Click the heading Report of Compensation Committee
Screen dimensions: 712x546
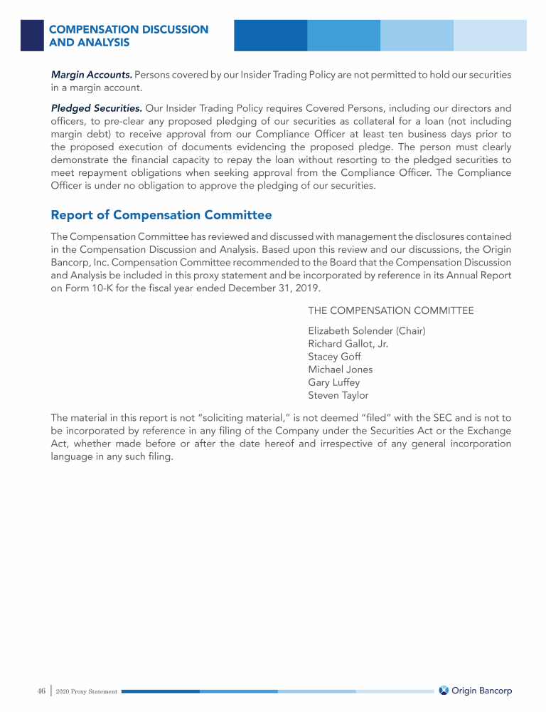[161, 215]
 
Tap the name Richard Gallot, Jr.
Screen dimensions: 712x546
[348, 343]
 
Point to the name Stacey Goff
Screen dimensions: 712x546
[334, 356]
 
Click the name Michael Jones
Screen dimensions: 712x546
[340, 369]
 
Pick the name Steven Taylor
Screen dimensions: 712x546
[338, 395]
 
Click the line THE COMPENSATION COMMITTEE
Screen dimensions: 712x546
[390, 310]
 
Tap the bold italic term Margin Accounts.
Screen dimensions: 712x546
[91, 75]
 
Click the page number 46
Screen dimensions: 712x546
[41, 691]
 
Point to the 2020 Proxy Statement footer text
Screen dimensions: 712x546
[86, 691]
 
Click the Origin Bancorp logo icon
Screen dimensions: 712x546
[444, 691]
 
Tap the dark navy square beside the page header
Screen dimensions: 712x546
[32, 35]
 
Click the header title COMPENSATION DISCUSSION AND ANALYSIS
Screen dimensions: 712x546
[128, 36]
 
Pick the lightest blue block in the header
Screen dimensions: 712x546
[490, 35]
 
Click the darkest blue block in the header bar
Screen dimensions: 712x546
[270, 35]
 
